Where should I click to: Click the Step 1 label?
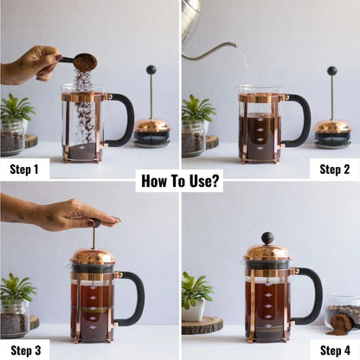(x=24, y=169)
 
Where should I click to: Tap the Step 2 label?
(x=334, y=169)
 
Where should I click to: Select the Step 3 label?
(x=24, y=350)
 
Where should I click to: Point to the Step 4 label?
(x=334, y=350)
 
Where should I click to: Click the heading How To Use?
(x=180, y=181)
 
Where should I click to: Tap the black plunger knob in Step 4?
(x=267, y=237)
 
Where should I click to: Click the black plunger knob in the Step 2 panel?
(x=331, y=71)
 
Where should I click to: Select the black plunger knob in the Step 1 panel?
(x=151, y=70)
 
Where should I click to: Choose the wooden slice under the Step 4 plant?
(x=202, y=325)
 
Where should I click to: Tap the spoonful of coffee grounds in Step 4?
(x=340, y=325)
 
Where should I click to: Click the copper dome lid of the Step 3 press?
(x=92, y=256)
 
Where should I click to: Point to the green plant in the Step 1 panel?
(x=16, y=108)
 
